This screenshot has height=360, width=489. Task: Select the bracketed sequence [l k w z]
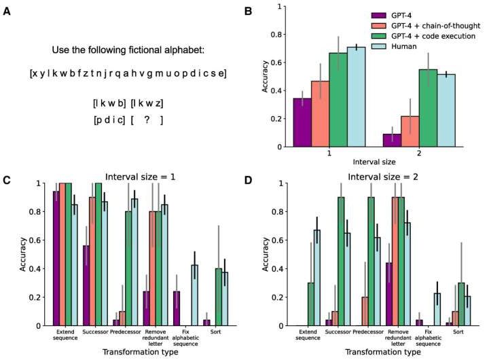point(147,103)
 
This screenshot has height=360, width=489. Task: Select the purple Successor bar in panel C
point(87,285)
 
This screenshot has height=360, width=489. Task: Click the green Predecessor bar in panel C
point(128,268)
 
